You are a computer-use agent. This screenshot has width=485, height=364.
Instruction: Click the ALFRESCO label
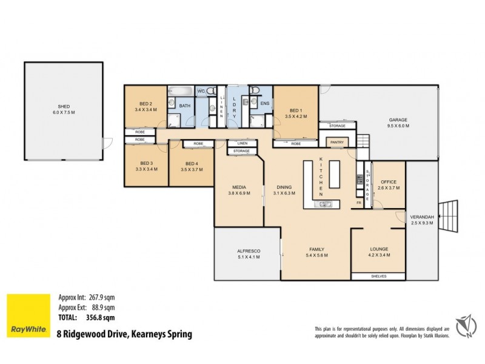tap(248, 254)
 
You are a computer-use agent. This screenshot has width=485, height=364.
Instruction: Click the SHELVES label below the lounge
tap(378, 277)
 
